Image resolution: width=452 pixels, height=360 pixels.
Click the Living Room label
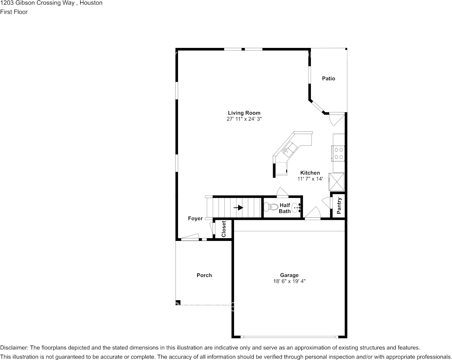pyautogui.click(x=244, y=113)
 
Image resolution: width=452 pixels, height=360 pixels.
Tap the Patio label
pyautogui.click(x=329, y=78)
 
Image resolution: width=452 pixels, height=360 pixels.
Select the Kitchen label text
pyautogui.click(x=310, y=173)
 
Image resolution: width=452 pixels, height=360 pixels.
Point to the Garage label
pyautogui.click(x=290, y=275)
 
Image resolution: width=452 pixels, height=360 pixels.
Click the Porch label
pyautogui.click(x=204, y=275)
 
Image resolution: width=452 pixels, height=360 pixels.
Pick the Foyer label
pyautogui.click(x=196, y=218)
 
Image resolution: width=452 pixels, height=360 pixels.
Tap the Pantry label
pyautogui.click(x=339, y=206)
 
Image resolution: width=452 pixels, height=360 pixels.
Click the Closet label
pyautogui.click(x=224, y=229)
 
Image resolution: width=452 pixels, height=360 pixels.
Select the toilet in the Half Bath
pyautogui.click(x=267, y=207)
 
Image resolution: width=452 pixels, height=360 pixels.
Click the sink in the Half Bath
pyautogui.click(x=296, y=207)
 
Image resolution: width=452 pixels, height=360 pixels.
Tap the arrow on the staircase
pyautogui.click(x=239, y=207)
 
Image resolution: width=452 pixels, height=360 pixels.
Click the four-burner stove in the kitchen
pyautogui.click(x=338, y=153)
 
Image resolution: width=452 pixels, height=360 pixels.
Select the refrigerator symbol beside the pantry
pyautogui.click(x=336, y=182)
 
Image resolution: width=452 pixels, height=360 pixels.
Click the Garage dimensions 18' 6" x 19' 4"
pyautogui.click(x=290, y=281)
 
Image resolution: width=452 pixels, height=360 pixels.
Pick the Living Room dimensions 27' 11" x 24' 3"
pyautogui.click(x=244, y=119)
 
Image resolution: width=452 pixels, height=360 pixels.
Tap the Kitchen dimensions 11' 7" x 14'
pyautogui.click(x=310, y=179)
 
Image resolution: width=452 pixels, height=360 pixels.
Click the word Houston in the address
pyautogui.click(x=91, y=3)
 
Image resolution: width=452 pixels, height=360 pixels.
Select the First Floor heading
pyautogui.click(x=14, y=12)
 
